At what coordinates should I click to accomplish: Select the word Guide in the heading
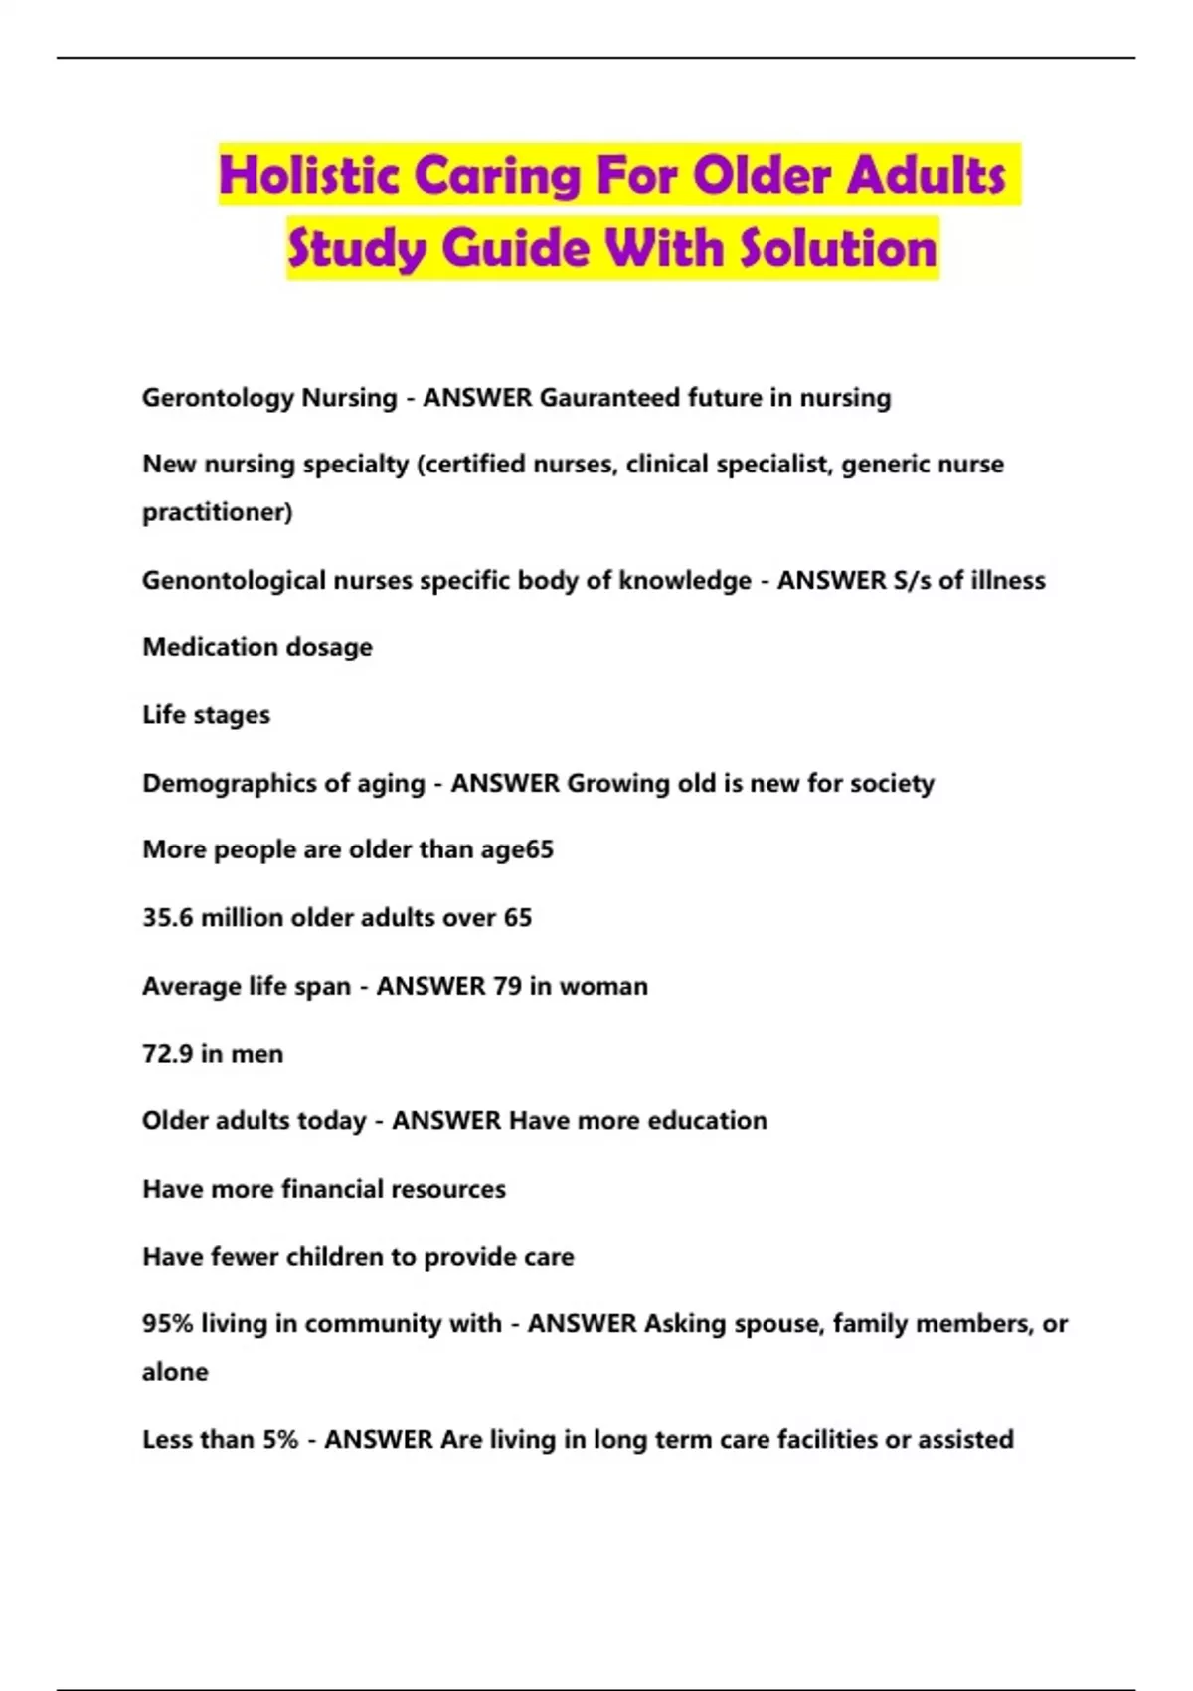[x=516, y=248]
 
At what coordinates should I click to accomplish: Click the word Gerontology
[x=218, y=398]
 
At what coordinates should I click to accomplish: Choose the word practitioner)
[x=217, y=512]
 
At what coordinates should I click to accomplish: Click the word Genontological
[x=234, y=580]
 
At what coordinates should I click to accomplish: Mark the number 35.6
[x=167, y=917]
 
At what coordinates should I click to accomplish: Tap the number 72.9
[x=167, y=1054]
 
